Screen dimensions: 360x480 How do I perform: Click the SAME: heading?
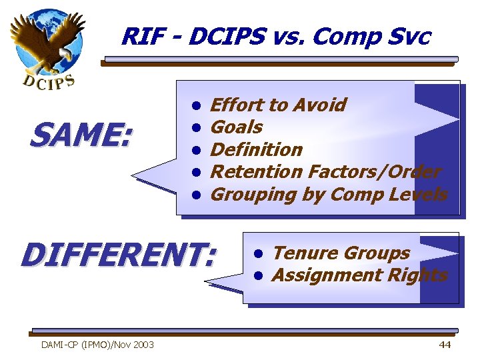pos(81,137)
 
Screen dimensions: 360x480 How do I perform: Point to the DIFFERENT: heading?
pos(119,255)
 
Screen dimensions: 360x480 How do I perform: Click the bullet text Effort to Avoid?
pos(278,105)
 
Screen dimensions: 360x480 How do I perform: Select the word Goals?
pos(237,127)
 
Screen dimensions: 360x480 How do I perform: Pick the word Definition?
pos(257,149)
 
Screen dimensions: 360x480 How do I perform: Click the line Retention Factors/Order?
pos(325,171)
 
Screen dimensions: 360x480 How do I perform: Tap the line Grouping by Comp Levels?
pos(329,194)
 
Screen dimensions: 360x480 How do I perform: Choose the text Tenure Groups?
pos(341,253)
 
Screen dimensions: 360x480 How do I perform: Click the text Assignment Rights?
pos(360,275)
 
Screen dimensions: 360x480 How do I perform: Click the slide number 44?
pos(445,344)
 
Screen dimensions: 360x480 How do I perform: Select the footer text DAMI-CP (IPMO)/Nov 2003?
pos(97,345)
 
